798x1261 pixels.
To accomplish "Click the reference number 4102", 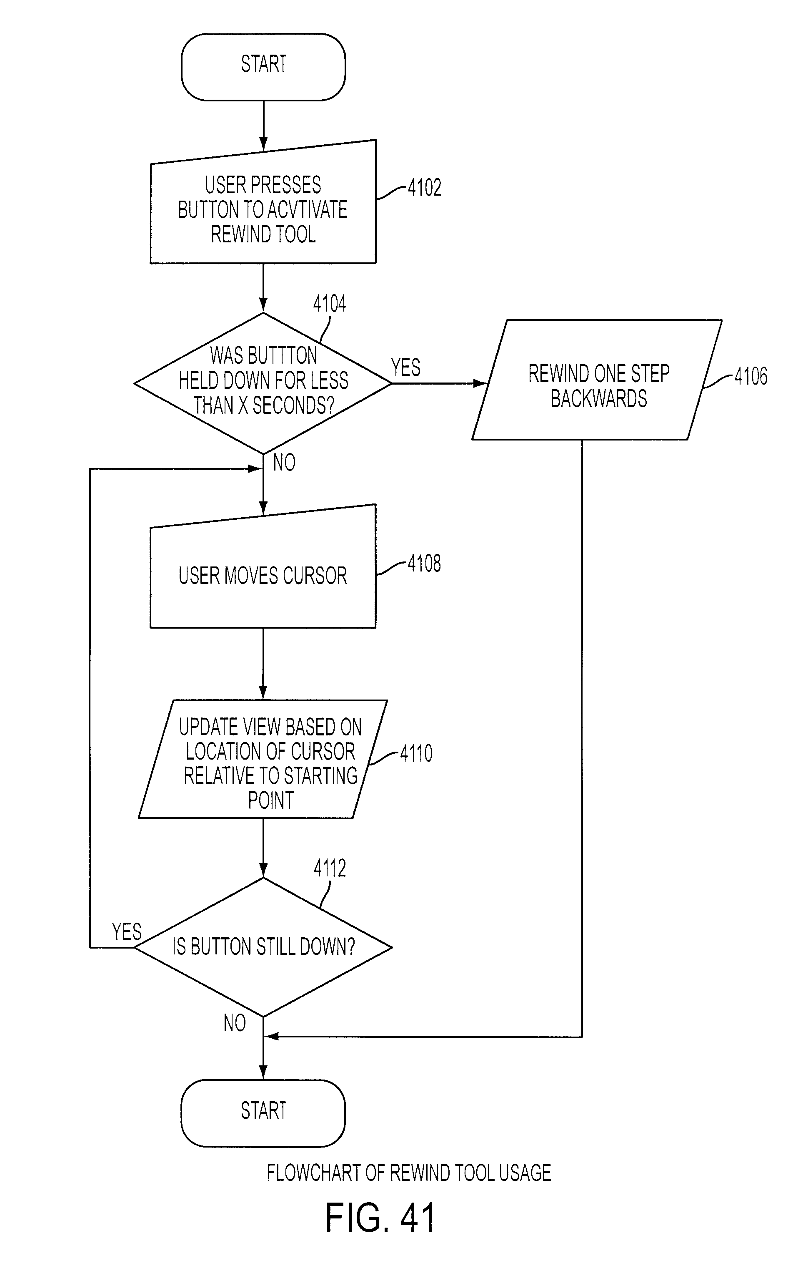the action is [424, 187].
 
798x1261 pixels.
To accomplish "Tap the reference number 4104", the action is [330, 304].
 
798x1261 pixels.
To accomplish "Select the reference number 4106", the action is [751, 376].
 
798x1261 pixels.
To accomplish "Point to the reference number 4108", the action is [424, 564].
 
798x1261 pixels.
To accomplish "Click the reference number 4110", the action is [417, 753].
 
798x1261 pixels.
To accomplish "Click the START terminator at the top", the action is [263, 67].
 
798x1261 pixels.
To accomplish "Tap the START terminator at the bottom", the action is [263, 1113].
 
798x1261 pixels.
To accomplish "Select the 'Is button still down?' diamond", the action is [263, 947].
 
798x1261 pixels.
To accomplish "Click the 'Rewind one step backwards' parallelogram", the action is [597, 380].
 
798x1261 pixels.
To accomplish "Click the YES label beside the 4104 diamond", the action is [406, 367].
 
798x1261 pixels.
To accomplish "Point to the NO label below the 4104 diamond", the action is [284, 463].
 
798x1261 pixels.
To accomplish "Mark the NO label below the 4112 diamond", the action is [235, 1023].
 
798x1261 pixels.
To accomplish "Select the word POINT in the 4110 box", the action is [270, 800].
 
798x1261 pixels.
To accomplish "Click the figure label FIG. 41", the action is [380, 1218].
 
